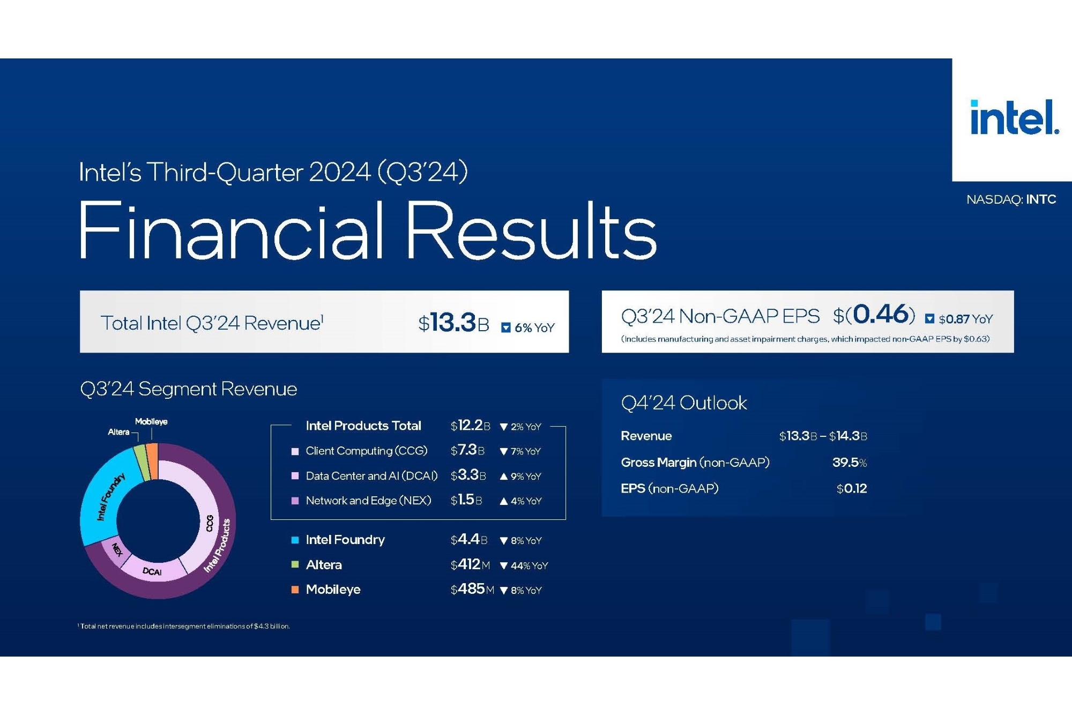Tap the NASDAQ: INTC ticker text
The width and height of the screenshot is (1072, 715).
1011,199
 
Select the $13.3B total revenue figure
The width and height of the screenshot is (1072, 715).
453,323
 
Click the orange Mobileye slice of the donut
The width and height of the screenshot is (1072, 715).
152,460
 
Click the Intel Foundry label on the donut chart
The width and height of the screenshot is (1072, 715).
110,496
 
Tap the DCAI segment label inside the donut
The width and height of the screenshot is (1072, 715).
152,571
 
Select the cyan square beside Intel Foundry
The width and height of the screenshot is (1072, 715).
295,540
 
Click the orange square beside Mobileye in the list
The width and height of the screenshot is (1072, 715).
295,590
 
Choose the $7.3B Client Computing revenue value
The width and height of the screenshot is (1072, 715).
467,450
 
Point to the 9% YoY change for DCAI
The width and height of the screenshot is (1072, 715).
520,476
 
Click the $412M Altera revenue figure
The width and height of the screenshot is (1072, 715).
470,564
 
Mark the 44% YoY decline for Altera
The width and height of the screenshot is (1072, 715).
524,565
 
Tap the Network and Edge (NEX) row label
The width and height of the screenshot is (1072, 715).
368,501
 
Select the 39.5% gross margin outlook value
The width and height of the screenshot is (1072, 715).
850,462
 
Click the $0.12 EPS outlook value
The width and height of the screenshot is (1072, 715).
852,488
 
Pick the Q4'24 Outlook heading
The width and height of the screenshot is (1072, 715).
684,403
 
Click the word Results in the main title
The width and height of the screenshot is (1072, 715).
531,230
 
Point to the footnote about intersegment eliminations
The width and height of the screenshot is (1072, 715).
184,626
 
